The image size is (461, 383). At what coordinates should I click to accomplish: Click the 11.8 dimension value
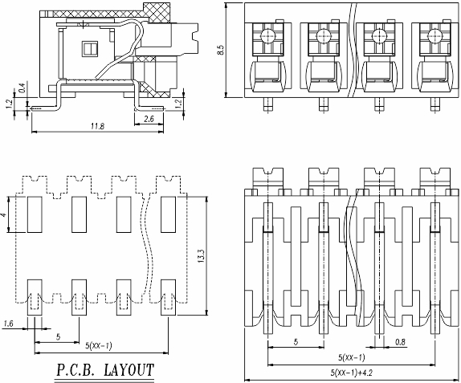(x=98, y=126)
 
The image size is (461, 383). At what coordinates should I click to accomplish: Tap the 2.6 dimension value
(x=149, y=119)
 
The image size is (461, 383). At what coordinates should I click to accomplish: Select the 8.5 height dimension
(x=221, y=50)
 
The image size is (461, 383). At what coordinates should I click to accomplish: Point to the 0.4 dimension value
(x=22, y=88)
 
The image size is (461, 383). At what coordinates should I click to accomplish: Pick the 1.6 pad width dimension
(x=8, y=324)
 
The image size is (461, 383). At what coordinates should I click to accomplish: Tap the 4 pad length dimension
(x=4, y=215)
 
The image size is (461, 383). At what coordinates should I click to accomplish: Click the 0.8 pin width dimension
(x=400, y=342)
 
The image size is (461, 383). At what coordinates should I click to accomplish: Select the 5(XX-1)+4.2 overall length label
(x=352, y=373)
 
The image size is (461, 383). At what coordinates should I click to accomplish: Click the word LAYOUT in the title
(x=129, y=370)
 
